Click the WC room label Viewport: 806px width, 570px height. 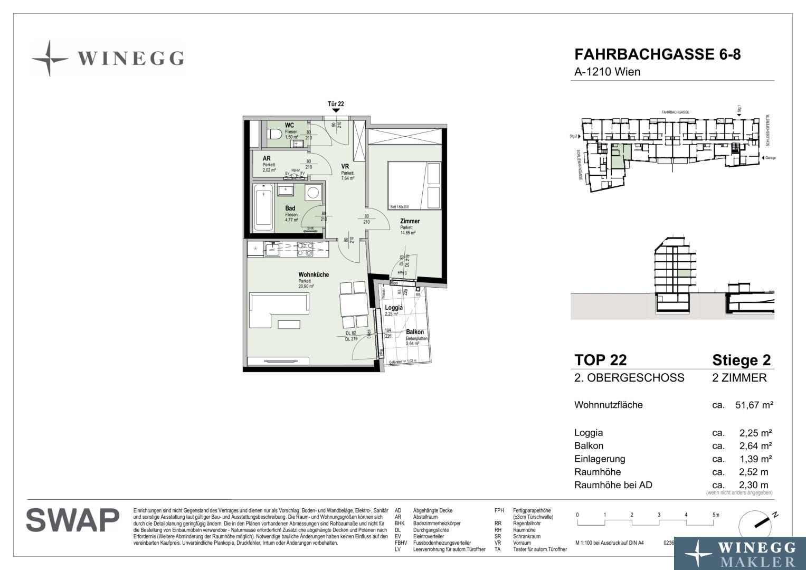point(289,125)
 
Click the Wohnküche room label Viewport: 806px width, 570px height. point(314,274)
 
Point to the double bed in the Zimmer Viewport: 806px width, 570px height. point(414,185)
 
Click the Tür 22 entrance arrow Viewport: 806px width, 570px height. point(336,110)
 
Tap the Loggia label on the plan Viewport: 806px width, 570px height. point(394,308)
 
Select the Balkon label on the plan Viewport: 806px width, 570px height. point(415,332)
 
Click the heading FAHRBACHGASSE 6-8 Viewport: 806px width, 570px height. point(657,55)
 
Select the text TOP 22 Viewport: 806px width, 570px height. point(600,360)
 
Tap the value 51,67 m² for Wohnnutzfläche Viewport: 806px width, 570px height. point(754,405)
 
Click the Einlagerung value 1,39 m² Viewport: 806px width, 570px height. point(756,459)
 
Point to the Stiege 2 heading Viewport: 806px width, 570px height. point(741,360)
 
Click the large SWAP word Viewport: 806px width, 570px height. point(73,520)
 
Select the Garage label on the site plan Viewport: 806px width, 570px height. point(770,158)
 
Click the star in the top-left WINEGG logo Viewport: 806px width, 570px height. point(49,58)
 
